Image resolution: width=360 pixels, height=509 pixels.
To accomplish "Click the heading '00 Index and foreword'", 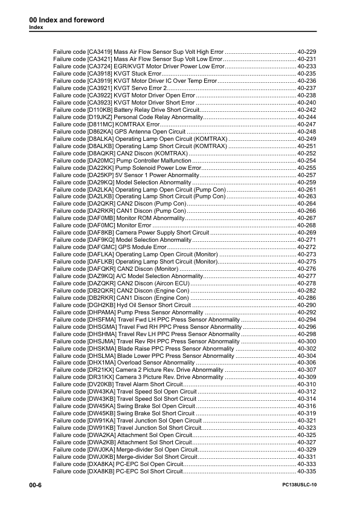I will pos(66,20).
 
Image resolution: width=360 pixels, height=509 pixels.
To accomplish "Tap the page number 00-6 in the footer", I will pos(35,485).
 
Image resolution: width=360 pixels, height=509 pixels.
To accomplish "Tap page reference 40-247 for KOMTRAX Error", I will pos(307,124).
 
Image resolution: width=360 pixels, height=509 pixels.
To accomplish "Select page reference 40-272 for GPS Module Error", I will pos(307,247).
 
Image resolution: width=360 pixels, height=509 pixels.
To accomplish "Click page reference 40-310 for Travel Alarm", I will pos(307,384).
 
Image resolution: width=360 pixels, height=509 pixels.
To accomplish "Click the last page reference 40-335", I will pos(307,471).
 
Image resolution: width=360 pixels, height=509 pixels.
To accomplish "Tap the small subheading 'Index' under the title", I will pos(36,28).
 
